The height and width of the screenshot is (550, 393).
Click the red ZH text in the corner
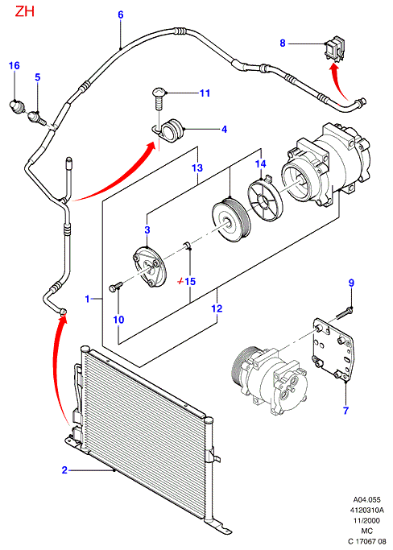(x=24, y=11)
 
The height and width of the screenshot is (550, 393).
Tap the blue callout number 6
(x=120, y=14)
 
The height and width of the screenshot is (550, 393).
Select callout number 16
(x=14, y=65)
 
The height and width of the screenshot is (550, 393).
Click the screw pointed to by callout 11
(x=158, y=99)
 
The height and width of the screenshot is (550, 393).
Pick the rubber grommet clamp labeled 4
(x=171, y=130)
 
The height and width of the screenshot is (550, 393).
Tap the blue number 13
(x=197, y=167)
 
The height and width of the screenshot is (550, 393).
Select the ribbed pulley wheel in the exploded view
(x=231, y=220)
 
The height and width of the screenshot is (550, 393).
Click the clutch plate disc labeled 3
(x=150, y=267)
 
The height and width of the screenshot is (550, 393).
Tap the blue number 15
(x=190, y=281)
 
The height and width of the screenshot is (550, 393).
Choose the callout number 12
(x=217, y=308)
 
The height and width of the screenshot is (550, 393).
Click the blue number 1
(x=88, y=300)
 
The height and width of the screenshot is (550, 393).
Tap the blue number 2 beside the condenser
(x=64, y=470)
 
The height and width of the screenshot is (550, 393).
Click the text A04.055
(x=366, y=499)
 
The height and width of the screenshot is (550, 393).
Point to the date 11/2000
(x=366, y=520)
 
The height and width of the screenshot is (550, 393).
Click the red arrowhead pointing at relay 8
(x=335, y=68)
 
